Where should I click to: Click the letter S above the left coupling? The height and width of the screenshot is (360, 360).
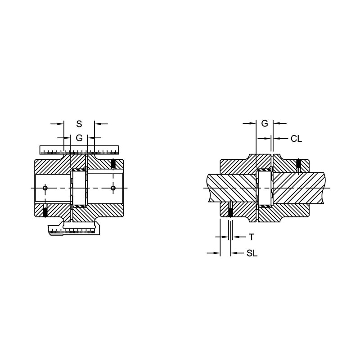coord(79,124)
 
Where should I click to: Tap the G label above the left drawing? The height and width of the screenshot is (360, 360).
coord(79,138)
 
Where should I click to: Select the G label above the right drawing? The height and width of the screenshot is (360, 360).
coord(265,123)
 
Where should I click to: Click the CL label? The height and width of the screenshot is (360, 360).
coord(296,139)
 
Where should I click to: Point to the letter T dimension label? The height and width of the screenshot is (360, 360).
coord(252,237)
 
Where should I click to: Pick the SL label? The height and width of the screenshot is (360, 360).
coord(252,253)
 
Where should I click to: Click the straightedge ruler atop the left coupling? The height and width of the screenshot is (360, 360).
coord(79,150)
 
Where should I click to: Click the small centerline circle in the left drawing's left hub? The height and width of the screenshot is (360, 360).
coord(45,188)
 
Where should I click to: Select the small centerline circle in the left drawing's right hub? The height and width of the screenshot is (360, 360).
coord(113,188)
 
